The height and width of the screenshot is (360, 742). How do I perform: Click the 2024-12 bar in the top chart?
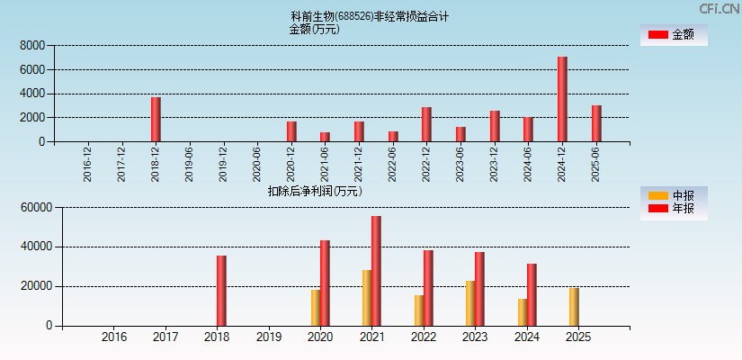pyautogui.click(x=562, y=99)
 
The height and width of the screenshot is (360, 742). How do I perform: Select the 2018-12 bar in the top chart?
pyautogui.click(x=156, y=119)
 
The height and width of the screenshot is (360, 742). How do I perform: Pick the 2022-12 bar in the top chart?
pyautogui.click(x=426, y=124)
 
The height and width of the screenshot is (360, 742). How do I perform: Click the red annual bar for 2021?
pyautogui.click(x=376, y=271)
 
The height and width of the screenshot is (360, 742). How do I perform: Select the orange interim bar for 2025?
pyautogui.click(x=574, y=307)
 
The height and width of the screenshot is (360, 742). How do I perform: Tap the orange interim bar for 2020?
pyautogui.click(x=316, y=308)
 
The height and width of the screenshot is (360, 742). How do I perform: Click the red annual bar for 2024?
pyautogui.click(x=532, y=294)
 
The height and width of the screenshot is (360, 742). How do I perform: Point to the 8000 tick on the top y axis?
pyautogui.click(x=32, y=45)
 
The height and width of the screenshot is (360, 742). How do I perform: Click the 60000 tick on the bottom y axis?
pyautogui.click(x=36, y=208)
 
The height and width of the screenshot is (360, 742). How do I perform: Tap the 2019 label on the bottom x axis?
pyautogui.click(x=269, y=337)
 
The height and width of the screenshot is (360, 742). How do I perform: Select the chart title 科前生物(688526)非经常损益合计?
pyautogui.click(x=370, y=16)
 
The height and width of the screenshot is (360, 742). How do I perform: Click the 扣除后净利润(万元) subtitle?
pyautogui.click(x=315, y=191)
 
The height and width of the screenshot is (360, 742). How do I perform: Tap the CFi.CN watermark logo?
pyautogui.click(x=720, y=9)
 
